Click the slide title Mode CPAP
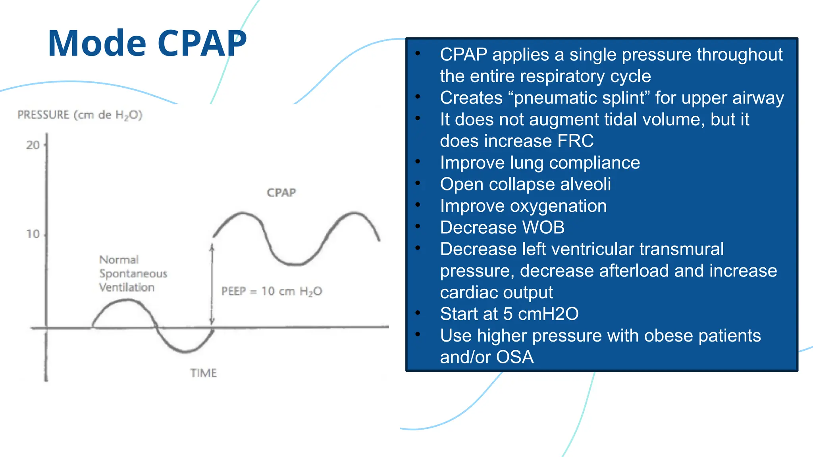pyautogui.click(x=147, y=43)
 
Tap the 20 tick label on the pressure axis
pyautogui.click(x=33, y=145)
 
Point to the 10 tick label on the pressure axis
pyautogui.click(x=33, y=234)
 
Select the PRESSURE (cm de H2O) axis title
pyautogui.click(x=80, y=115)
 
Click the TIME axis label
pyautogui.click(x=203, y=373)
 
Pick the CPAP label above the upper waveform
pyautogui.click(x=281, y=193)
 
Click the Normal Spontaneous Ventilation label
pyautogui.click(x=133, y=274)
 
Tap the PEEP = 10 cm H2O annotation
pyautogui.click(x=272, y=292)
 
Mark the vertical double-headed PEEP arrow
pyautogui.click(x=212, y=284)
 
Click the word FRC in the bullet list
pyautogui.click(x=575, y=141)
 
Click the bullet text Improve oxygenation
pyautogui.click(x=523, y=206)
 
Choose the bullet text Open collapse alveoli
pyautogui.click(x=525, y=184)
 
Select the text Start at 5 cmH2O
pyautogui.click(x=509, y=314)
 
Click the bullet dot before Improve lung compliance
pyautogui.click(x=418, y=161)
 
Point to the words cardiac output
pyautogui.click(x=496, y=293)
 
